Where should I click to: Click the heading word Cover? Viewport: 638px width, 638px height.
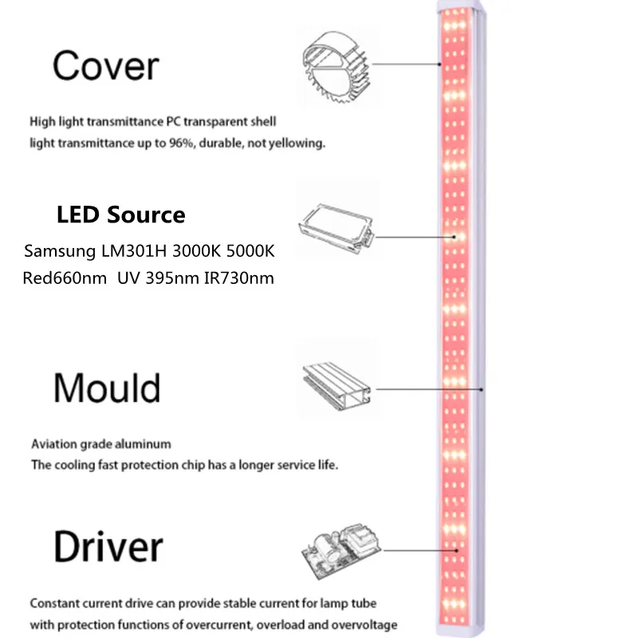pos(106,67)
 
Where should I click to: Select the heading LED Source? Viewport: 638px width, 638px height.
pos(121,215)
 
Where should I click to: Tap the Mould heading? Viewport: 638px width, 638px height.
pos(107,388)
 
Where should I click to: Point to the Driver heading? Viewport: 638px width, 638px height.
pos(108,548)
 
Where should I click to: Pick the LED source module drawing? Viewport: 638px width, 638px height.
pos(334,219)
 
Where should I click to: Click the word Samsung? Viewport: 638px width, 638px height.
pos(58,251)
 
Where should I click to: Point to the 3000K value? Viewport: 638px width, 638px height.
pos(191,251)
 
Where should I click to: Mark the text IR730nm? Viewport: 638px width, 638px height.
pos(238,279)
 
